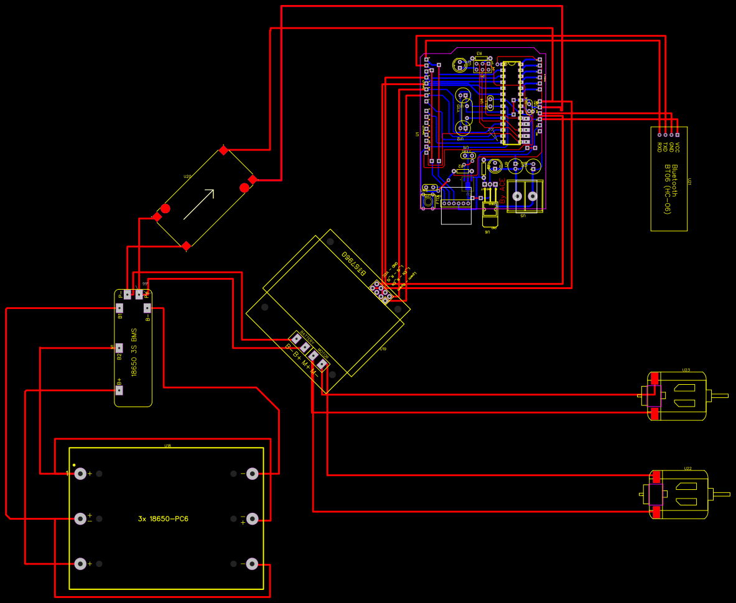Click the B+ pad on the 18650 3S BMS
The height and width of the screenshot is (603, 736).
[119, 391]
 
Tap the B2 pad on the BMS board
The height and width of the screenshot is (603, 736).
[119, 349]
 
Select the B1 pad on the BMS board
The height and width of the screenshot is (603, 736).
[119, 308]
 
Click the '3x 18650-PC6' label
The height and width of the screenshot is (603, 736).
[163, 518]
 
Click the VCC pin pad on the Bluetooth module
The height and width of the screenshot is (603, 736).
[677, 134]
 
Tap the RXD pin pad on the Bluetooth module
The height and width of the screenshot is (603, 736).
[659, 134]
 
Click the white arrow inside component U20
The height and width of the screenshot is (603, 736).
[199, 204]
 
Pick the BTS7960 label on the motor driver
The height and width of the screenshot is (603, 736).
[353, 265]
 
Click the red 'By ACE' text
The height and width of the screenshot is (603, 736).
[503, 192]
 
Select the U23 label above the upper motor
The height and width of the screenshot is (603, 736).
[686, 370]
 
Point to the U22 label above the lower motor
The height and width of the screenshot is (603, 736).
[687, 468]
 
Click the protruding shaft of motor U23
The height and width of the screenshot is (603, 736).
[719, 395]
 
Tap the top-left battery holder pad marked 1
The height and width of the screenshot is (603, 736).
[80, 474]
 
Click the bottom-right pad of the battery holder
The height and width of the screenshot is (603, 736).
[252, 564]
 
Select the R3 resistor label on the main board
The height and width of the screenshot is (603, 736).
[479, 53]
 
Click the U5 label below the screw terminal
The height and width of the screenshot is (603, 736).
[523, 215]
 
